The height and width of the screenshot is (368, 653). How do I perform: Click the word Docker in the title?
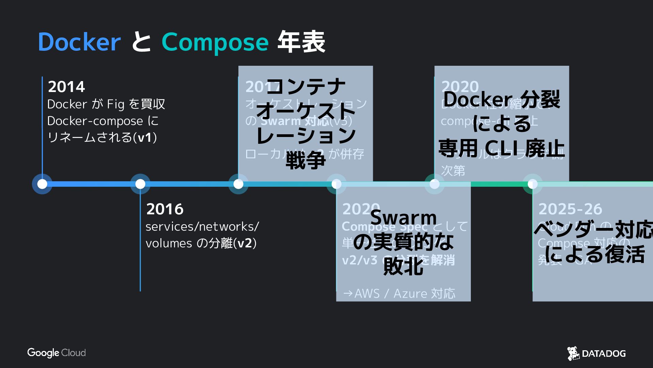[x=79, y=42]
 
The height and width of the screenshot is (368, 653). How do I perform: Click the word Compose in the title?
[x=215, y=42]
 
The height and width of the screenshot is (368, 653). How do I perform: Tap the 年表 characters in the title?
[x=301, y=42]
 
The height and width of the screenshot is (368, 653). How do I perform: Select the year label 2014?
[x=66, y=87]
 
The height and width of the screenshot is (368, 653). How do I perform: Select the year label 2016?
[x=165, y=209]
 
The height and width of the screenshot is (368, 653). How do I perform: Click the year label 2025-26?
[x=570, y=209]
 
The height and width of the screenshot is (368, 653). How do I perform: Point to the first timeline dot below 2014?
[x=42, y=184]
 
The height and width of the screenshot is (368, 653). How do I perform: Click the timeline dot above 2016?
[x=140, y=184]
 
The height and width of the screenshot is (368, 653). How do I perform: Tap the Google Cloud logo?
[x=57, y=353]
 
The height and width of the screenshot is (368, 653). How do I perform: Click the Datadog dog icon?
[x=573, y=353]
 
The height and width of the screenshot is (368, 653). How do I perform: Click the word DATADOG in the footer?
[x=604, y=354]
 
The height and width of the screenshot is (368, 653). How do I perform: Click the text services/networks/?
[x=202, y=227]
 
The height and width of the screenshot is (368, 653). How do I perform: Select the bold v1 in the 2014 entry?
[x=145, y=137]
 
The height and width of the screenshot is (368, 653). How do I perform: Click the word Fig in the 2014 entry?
[x=115, y=104]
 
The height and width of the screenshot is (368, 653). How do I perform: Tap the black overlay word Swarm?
[x=403, y=217]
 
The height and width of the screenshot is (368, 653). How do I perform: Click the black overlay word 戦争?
[x=305, y=160]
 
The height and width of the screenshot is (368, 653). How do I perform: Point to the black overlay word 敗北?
[x=403, y=266]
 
